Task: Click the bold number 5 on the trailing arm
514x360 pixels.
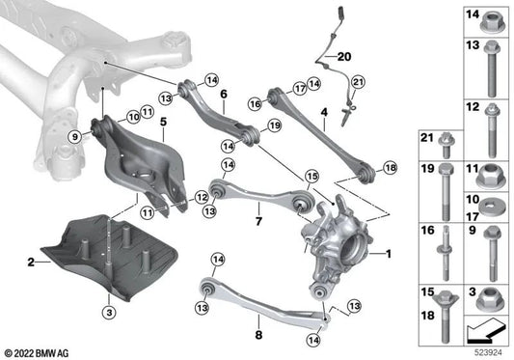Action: coord(164,123)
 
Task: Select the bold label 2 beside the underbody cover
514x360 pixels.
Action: coord(32,261)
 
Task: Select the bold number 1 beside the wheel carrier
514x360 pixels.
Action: coord(388,255)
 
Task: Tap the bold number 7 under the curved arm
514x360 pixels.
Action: coord(257,221)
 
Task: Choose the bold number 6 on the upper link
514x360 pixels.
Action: coord(223,96)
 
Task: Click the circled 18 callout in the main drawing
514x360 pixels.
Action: coord(389,168)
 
